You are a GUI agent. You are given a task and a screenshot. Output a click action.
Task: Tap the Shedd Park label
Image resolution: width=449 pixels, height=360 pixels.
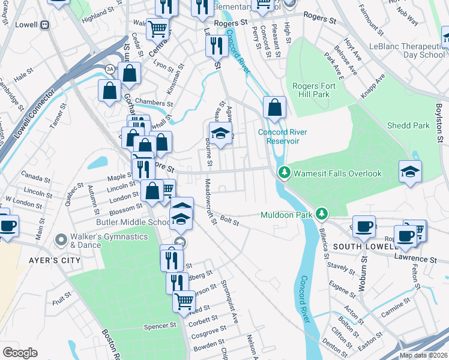click(408, 125)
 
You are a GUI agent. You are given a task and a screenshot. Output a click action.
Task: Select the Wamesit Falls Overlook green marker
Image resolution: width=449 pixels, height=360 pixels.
click(285, 173)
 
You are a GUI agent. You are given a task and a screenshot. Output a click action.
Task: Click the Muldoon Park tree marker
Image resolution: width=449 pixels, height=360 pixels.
click(322, 214)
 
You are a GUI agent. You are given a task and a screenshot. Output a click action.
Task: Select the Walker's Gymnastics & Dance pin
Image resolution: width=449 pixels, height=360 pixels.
click(60, 240)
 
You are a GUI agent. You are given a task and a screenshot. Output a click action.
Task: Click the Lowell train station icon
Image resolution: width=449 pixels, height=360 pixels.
click(44, 26)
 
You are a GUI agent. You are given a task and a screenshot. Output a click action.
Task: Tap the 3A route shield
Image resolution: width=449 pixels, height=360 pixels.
click(110, 70)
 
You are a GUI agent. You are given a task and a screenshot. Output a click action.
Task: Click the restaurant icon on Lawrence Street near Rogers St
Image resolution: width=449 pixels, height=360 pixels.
click(215, 46)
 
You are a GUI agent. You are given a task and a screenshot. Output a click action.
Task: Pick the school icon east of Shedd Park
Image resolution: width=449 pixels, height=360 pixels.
click(410, 172)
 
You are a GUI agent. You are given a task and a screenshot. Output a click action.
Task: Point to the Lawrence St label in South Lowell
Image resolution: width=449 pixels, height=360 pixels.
click(415, 259)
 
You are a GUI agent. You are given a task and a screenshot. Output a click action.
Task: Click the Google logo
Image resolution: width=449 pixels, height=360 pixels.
click(20, 353)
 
